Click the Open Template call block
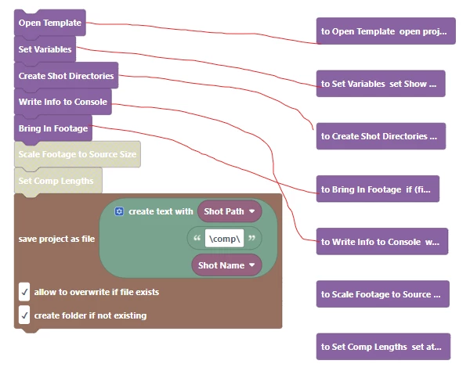[49, 23]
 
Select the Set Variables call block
[45, 49]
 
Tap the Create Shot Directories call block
[66, 76]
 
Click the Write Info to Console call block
[63, 102]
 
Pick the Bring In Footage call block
[52, 128]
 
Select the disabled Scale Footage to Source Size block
[77, 154]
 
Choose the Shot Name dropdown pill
[226, 265]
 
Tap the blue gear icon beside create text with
[119, 211]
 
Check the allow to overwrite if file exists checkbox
[25, 292]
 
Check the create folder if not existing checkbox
[25, 315]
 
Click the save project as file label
[56, 239]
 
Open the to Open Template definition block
[385, 32]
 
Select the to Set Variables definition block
[380, 83]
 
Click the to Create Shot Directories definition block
[380, 135]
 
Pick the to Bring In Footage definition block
[378, 189]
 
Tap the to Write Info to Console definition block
[381, 242]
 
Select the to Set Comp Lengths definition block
[383, 346]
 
